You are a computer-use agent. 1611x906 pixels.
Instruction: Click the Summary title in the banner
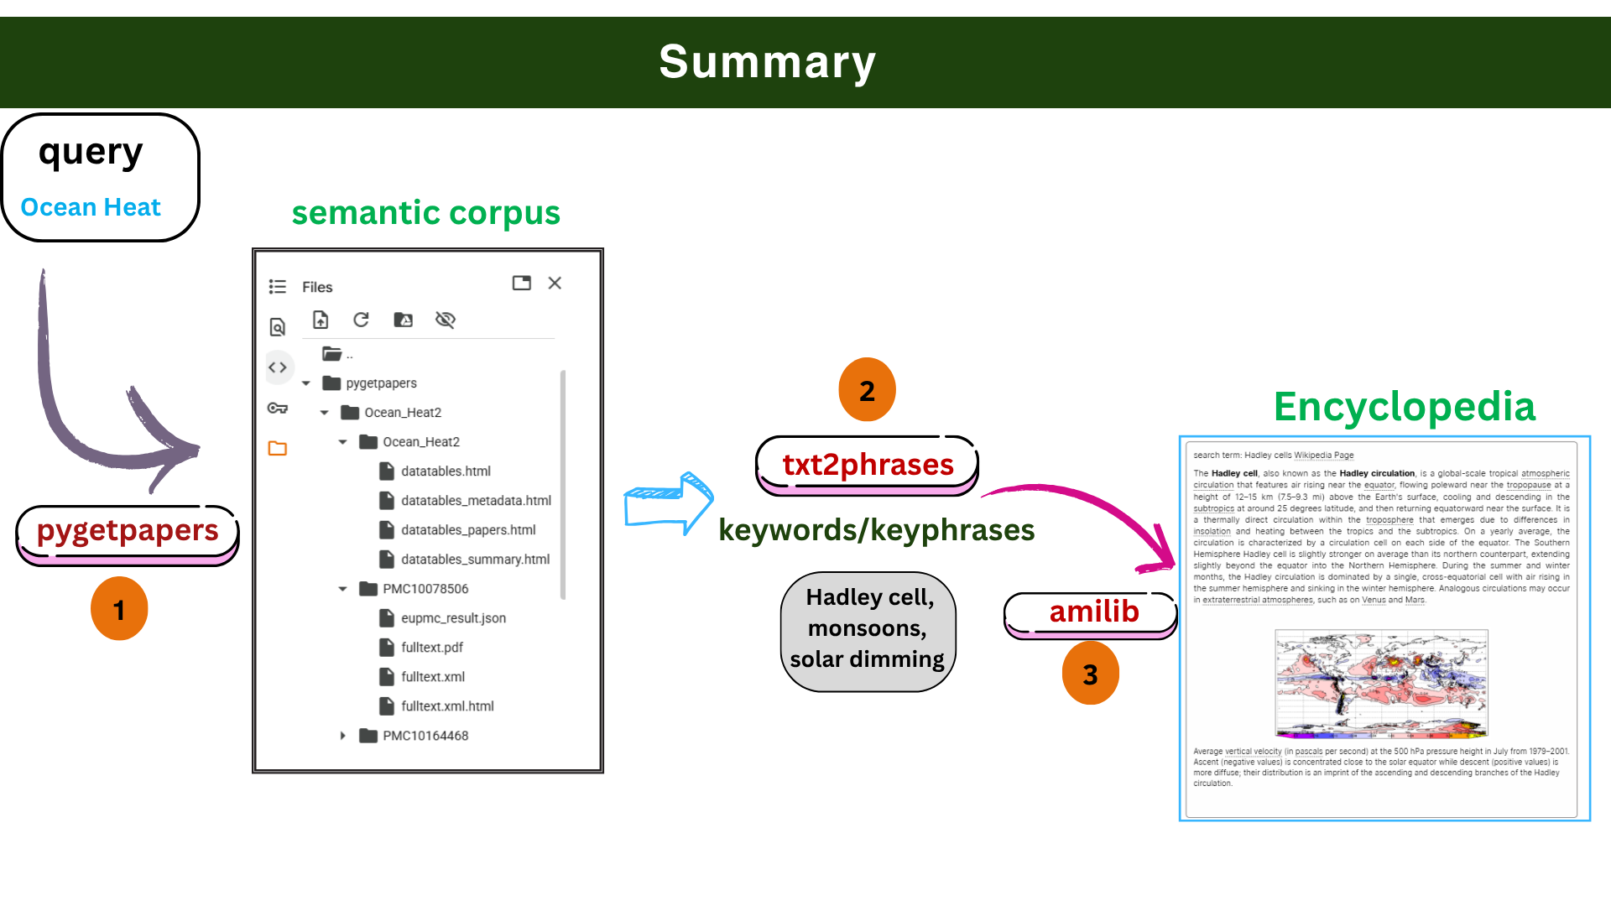(767, 62)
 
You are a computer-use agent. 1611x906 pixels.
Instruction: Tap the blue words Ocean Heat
(91, 207)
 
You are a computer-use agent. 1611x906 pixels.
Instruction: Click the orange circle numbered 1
(119, 609)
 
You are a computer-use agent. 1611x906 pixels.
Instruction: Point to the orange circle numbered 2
(867, 390)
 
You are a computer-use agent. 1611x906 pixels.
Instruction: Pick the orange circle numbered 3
(1090, 674)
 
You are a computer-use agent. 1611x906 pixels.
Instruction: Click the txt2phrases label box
(868, 465)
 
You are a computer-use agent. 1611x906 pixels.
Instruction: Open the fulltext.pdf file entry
(431, 648)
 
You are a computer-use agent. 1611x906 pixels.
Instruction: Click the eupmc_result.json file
(453, 618)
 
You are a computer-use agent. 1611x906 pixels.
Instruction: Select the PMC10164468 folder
(425, 736)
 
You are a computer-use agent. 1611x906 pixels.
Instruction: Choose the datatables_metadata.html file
(476, 501)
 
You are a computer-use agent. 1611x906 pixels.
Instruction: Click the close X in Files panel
(555, 284)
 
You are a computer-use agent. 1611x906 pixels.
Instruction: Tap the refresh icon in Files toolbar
(361, 320)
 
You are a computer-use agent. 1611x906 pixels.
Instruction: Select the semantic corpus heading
(425, 213)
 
